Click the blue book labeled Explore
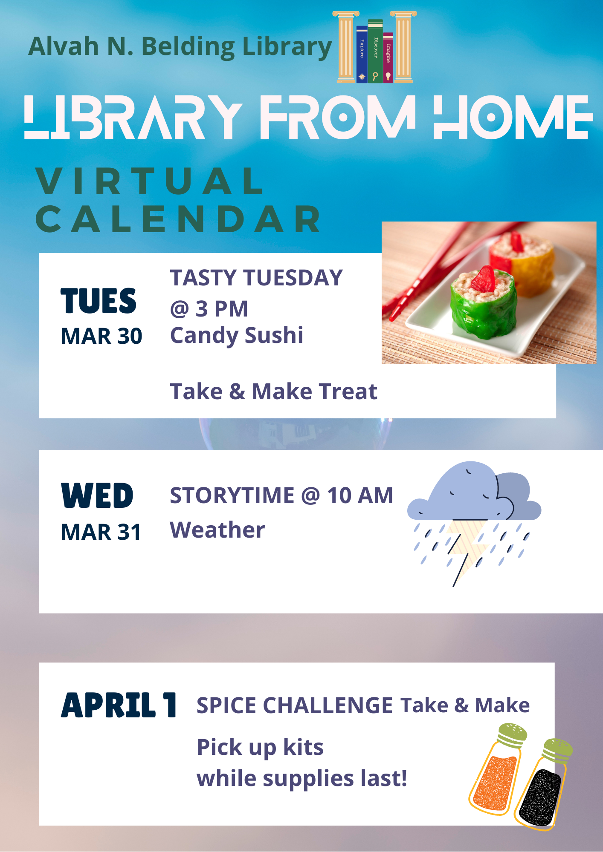point(362,54)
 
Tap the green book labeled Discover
point(375,51)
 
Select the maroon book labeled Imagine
point(388,58)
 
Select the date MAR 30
point(101,336)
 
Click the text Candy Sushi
point(237,335)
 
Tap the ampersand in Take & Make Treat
point(237,391)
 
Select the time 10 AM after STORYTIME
point(360,495)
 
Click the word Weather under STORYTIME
point(217,530)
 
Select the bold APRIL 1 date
point(119,705)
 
